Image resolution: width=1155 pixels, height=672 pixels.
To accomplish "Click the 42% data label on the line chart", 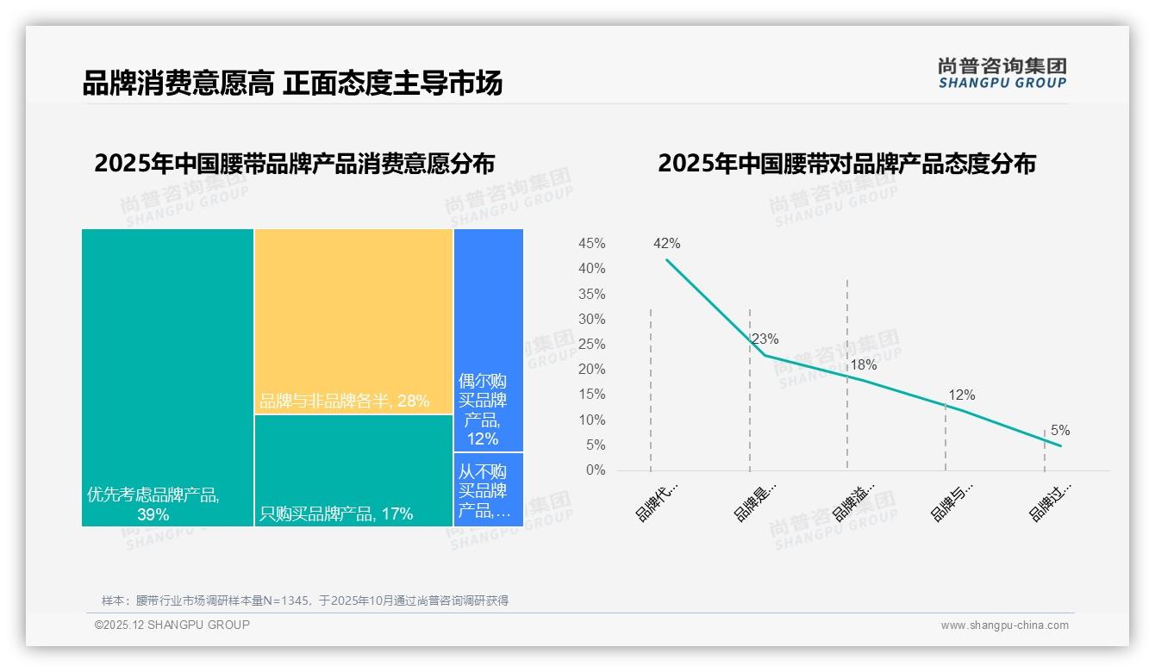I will [x=667, y=244].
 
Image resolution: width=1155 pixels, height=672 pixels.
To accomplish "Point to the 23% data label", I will [x=765, y=339].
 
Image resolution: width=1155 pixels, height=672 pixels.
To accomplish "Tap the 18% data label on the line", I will [x=863, y=365].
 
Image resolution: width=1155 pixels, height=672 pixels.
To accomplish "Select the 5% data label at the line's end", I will [x=1060, y=431].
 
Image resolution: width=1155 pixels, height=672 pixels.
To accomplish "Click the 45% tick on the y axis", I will [x=591, y=244].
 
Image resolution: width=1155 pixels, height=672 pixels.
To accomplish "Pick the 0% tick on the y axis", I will [x=596, y=470].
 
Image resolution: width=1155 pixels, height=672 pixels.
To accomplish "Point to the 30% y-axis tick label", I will [x=591, y=319].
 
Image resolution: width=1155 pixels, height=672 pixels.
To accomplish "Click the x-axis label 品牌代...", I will [x=657, y=501].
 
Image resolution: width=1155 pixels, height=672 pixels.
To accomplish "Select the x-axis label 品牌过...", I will [x=1051, y=501].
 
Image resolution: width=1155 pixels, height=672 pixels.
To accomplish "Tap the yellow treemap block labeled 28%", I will [x=353, y=320].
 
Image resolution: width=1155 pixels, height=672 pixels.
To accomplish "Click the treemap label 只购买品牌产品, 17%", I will [x=336, y=514].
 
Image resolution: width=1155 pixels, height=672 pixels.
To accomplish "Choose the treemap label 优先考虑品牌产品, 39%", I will [x=153, y=505].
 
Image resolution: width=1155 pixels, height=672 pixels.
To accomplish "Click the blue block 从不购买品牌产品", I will [x=488, y=490].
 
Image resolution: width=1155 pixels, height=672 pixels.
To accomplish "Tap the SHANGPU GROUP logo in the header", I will [x=1002, y=73].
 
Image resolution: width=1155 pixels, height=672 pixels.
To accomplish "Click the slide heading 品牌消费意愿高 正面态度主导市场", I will [x=292, y=84].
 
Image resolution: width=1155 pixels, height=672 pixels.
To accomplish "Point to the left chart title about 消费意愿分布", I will [x=294, y=164].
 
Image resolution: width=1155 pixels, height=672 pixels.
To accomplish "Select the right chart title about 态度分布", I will [x=846, y=164].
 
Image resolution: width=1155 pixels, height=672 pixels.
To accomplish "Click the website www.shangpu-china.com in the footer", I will [x=1004, y=625].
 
